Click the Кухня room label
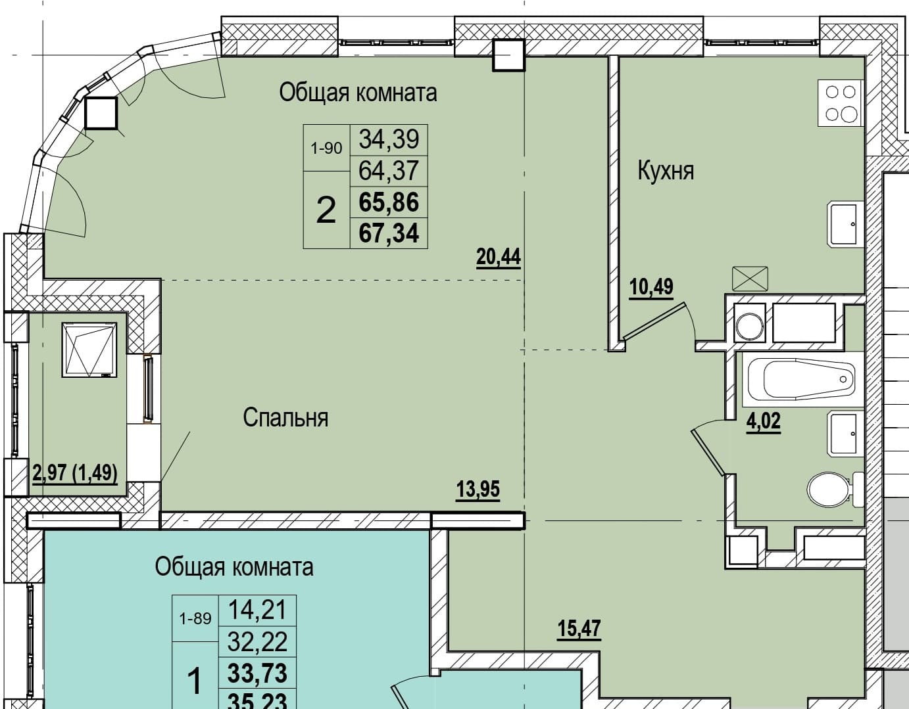(x=666, y=172)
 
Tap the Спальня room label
(x=285, y=417)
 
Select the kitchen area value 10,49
(x=651, y=287)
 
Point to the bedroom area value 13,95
(x=478, y=490)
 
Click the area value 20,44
(x=498, y=256)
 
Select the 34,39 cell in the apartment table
(x=389, y=139)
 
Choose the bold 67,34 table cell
(x=389, y=233)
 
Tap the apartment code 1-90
(x=326, y=148)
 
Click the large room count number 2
(x=326, y=210)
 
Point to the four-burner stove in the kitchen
(x=841, y=103)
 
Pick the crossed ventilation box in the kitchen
(x=750, y=279)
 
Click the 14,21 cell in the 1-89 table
(x=257, y=610)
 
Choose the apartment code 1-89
(x=195, y=618)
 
